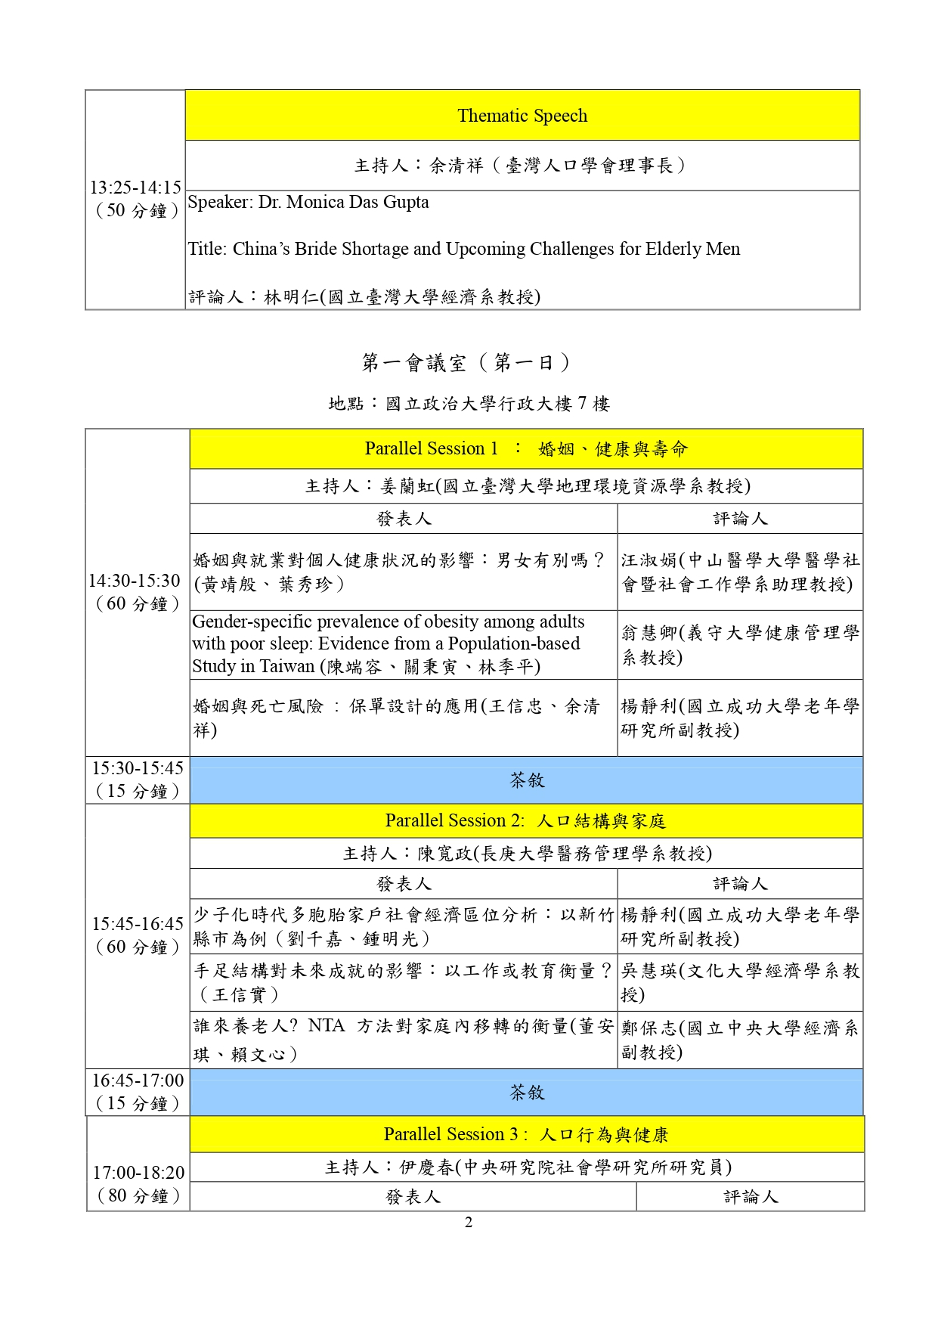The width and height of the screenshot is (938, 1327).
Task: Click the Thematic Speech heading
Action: click(x=522, y=116)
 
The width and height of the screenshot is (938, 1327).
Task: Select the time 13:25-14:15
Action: click(x=135, y=188)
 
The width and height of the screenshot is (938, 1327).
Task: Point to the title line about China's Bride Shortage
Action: click(x=463, y=249)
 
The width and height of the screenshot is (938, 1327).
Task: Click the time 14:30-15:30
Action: click(x=135, y=581)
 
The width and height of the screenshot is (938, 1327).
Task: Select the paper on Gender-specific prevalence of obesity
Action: click(x=388, y=643)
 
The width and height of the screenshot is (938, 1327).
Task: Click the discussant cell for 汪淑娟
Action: click(x=740, y=572)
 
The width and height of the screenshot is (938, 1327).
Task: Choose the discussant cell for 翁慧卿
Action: click(x=740, y=644)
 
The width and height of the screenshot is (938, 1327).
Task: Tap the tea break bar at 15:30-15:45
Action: click(x=526, y=780)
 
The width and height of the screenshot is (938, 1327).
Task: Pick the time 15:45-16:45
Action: click(x=138, y=924)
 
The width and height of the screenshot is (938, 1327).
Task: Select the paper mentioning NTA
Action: click(x=403, y=1040)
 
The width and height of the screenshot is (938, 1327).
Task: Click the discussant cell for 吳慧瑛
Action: click(x=740, y=982)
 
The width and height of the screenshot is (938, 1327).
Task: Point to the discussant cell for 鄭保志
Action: click(x=740, y=1040)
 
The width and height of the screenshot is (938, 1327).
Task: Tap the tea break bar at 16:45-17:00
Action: click(x=526, y=1093)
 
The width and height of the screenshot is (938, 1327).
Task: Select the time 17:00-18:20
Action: click(x=138, y=1173)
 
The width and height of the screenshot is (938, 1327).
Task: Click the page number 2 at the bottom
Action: click(x=469, y=1223)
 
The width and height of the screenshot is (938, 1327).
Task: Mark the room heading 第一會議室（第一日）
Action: click(x=466, y=363)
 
